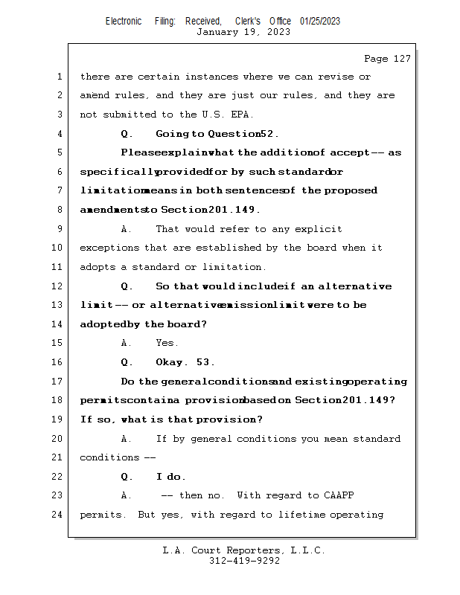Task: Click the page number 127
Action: coord(400,59)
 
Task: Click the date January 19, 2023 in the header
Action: coord(243,32)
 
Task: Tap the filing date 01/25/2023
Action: coord(320,21)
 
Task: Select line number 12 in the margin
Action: coord(59,286)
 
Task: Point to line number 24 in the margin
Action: coord(59,515)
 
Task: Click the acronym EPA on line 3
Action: coord(243,115)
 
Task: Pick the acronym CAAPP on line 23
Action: coord(342,495)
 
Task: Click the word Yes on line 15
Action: coord(167,343)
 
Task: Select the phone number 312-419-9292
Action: coord(244,561)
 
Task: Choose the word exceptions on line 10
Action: coord(109,248)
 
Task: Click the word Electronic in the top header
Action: coord(124,21)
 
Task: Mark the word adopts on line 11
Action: coord(97,267)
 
